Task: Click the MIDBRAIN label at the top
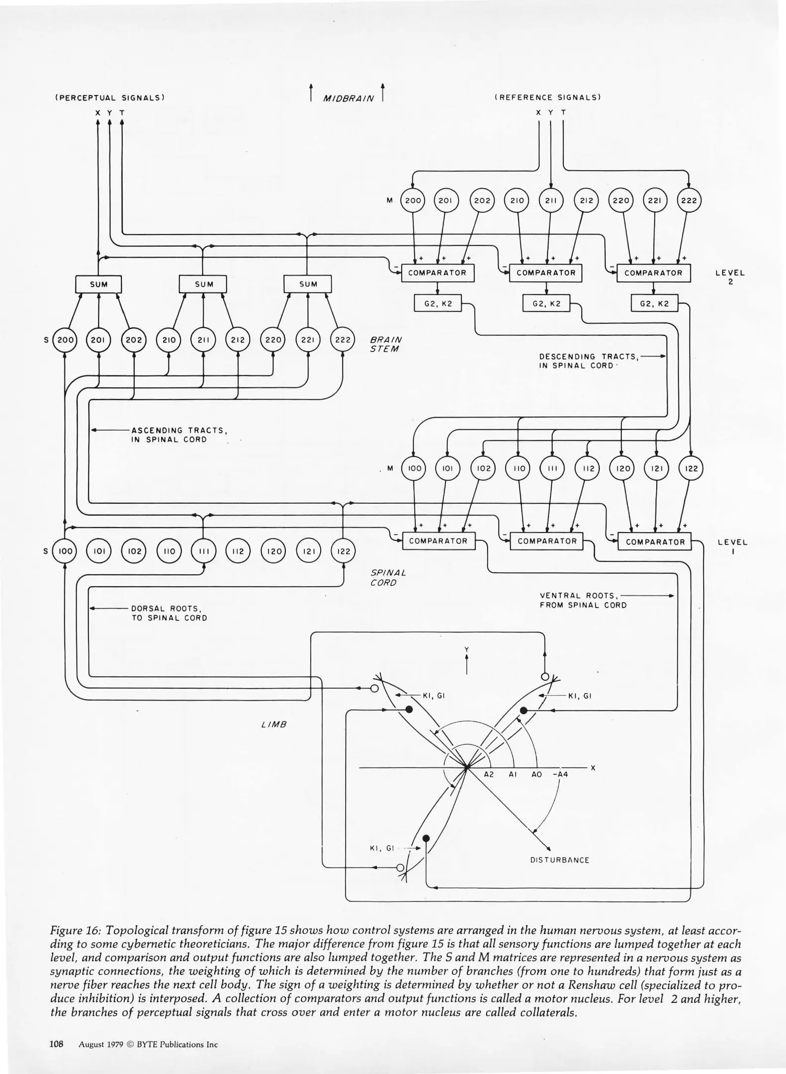pyautogui.click(x=348, y=98)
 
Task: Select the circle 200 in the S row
pyautogui.click(x=65, y=340)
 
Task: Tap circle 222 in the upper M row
pyautogui.click(x=689, y=200)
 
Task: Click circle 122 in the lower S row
pyautogui.click(x=344, y=551)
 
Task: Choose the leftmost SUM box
pyautogui.click(x=98, y=284)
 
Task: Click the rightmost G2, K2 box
pyautogui.click(x=654, y=303)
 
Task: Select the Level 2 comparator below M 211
pyautogui.click(x=545, y=273)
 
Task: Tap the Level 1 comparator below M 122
pyautogui.click(x=655, y=542)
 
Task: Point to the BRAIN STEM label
pyautogui.click(x=386, y=344)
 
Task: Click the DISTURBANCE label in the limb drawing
pyautogui.click(x=559, y=860)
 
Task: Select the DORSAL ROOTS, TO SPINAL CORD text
pyautogui.click(x=169, y=613)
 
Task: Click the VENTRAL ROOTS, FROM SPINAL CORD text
pyautogui.click(x=583, y=600)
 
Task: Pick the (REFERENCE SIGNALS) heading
pyautogui.click(x=547, y=97)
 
